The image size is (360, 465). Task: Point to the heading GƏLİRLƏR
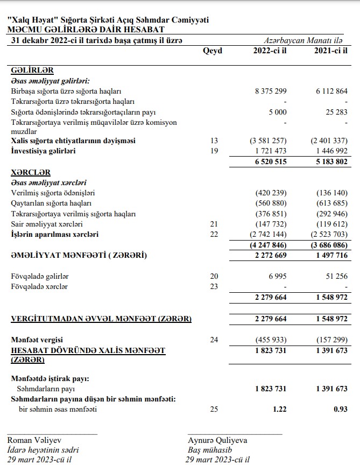[x=32, y=71]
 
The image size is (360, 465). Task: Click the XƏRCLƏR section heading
[x=31, y=173]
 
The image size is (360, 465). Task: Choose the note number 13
[x=214, y=140]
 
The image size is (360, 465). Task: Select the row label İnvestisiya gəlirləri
[x=43, y=151]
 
